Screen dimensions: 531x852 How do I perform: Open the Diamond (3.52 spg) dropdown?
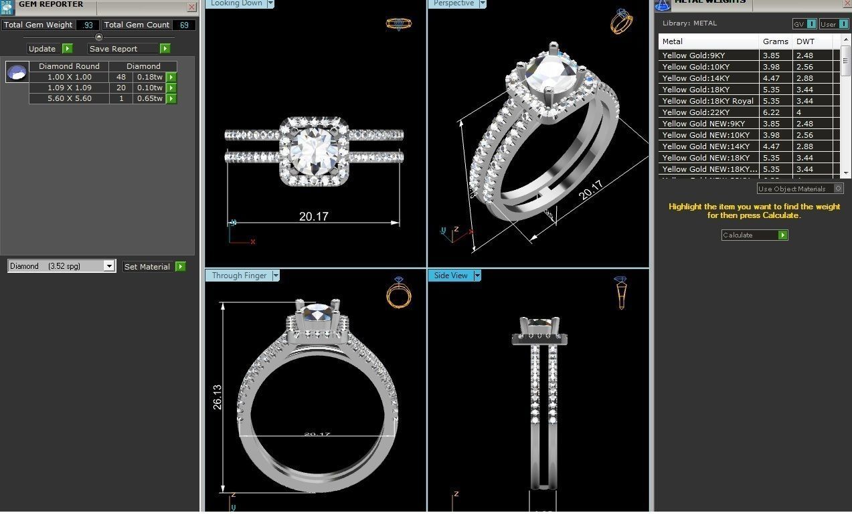tap(109, 266)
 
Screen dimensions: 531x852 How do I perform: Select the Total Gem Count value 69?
tap(183, 25)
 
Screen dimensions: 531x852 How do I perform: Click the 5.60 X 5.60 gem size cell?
tap(69, 98)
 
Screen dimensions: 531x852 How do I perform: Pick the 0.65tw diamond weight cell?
tap(149, 98)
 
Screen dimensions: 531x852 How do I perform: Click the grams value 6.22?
tap(771, 112)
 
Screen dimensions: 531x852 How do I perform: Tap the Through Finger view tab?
tap(239, 276)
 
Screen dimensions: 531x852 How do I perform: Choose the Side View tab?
tap(450, 276)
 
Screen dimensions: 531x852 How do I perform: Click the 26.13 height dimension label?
tap(218, 397)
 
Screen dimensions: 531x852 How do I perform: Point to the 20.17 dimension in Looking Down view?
tap(313, 216)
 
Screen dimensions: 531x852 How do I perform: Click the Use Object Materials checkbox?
tap(838, 189)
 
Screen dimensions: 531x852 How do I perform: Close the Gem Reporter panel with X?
tap(191, 7)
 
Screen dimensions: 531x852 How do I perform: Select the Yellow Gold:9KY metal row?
tap(693, 56)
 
